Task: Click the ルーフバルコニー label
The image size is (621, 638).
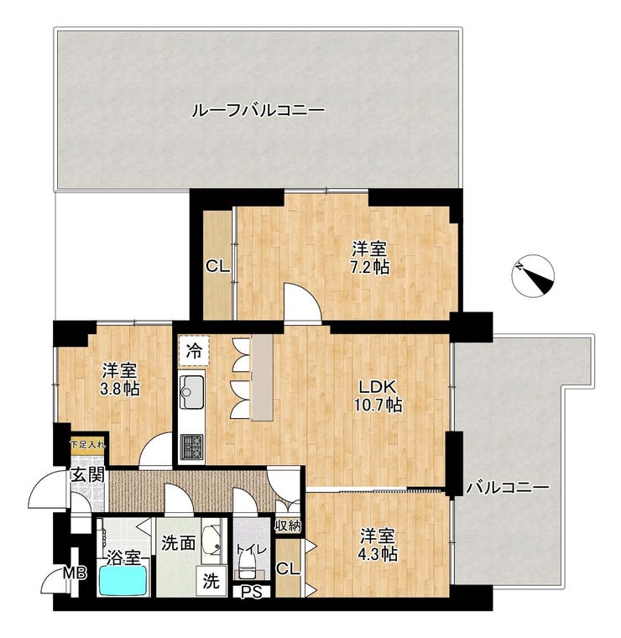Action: click(258, 110)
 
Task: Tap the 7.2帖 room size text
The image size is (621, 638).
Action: click(370, 267)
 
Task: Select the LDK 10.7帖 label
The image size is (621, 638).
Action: click(377, 395)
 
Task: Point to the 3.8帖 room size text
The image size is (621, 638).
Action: click(120, 390)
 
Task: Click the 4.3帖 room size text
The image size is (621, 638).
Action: click(378, 553)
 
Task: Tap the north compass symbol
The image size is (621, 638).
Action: click(533, 276)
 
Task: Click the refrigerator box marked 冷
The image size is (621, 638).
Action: click(194, 350)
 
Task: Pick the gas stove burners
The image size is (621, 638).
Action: click(191, 447)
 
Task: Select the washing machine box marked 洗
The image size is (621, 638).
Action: click(211, 581)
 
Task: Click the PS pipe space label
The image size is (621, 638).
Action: click(252, 593)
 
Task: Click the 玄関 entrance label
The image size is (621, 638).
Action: click(88, 475)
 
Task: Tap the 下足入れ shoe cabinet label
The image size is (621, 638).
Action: click(88, 445)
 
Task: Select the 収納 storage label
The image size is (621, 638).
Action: click(288, 526)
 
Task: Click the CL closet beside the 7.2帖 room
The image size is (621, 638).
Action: click(217, 266)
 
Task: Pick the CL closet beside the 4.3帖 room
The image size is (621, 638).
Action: click(288, 569)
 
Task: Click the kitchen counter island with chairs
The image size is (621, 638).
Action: click(262, 378)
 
